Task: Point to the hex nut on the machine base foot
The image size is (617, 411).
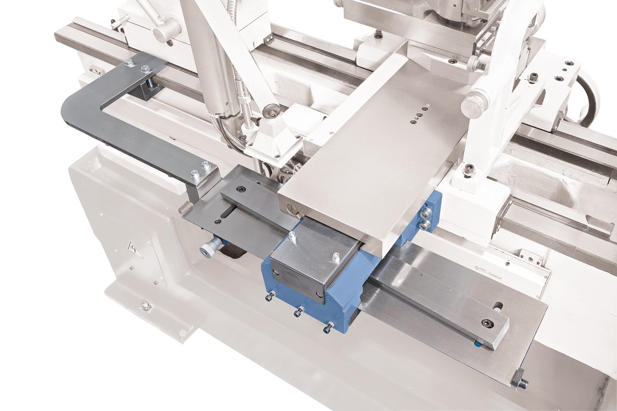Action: click(145, 305)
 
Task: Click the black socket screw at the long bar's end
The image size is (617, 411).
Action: click(488, 323)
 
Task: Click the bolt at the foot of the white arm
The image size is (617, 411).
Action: click(469, 170)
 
